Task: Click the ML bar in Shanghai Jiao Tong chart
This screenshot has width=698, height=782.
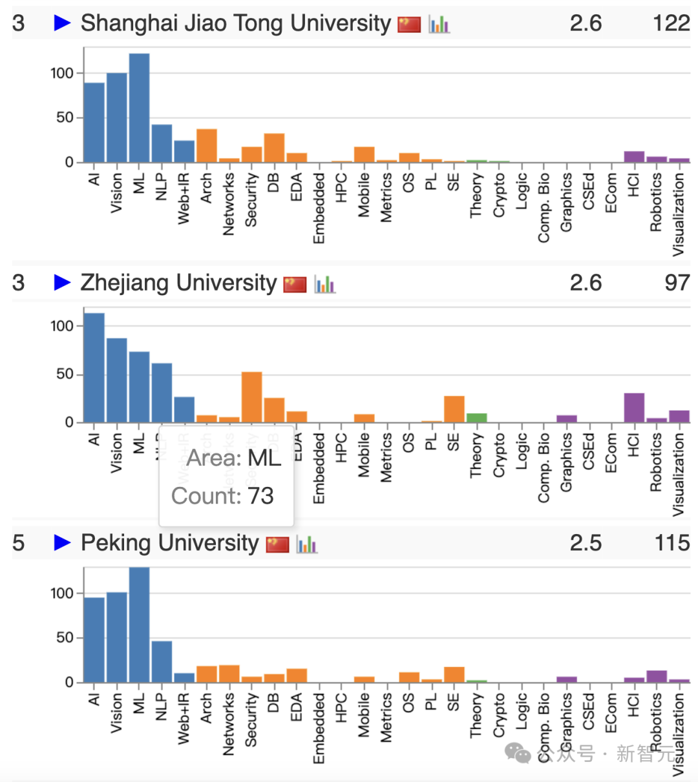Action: pyautogui.click(x=139, y=108)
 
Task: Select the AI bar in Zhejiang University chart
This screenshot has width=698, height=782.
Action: pyautogui.click(x=94, y=368)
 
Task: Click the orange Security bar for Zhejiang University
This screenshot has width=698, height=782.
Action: pyautogui.click(x=251, y=397)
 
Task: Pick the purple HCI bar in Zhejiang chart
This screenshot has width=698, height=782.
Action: pyautogui.click(x=634, y=408)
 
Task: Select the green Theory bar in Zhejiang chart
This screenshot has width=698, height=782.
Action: pyautogui.click(x=476, y=418)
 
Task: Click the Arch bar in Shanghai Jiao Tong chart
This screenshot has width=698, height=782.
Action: pyautogui.click(x=207, y=146)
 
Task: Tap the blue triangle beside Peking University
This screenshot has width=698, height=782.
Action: pyautogui.click(x=62, y=542)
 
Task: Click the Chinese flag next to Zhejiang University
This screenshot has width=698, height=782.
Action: pyautogui.click(x=295, y=284)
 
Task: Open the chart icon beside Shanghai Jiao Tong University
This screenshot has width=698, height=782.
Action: pyautogui.click(x=439, y=25)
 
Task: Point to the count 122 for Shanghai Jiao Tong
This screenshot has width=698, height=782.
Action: pyautogui.click(x=671, y=23)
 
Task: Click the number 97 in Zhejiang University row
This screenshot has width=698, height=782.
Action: pyautogui.click(x=677, y=283)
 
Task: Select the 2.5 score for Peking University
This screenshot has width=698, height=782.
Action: pyautogui.click(x=586, y=543)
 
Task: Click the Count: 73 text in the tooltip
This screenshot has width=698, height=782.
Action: pyautogui.click(x=222, y=496)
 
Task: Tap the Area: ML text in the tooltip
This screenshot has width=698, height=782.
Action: pyautogui.click(x=233, y=458)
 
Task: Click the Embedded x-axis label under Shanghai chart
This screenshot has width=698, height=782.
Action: pyautogui.click(x=319, y=208)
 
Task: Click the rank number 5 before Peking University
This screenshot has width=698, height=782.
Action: pyautogui.click(x=18, y=543)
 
